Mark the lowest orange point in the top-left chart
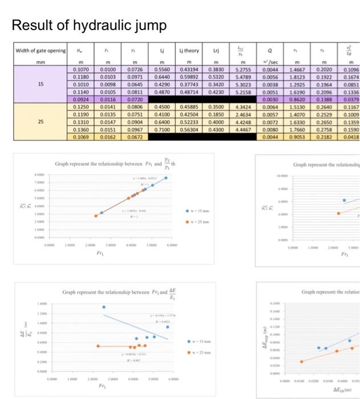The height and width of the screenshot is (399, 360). [x=96, y=216]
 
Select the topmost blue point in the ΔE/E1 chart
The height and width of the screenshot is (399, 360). [x=104, y=307]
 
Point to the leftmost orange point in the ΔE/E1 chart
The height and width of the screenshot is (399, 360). [x=98, y=346]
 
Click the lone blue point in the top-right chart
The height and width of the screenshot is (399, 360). [x=344, y=201]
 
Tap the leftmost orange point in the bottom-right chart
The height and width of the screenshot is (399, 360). [x=302, y=361]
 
